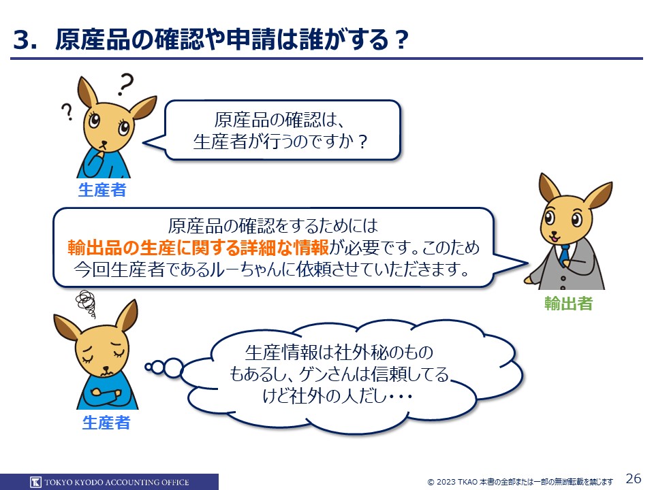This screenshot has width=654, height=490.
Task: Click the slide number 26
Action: tap(633, 478)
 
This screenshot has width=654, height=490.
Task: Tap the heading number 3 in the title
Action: tap(22, 40)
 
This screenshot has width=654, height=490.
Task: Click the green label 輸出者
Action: tap(568, 304)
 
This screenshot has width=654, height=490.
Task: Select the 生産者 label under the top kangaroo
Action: tap(102, 190)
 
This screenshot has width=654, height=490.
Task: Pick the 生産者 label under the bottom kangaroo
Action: tap(106, 423)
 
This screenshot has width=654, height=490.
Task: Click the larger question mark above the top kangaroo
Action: tap(125, 84)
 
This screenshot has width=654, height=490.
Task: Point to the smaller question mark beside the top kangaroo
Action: tap(67, 112)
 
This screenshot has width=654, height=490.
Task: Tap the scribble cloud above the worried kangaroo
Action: tap(86, 304)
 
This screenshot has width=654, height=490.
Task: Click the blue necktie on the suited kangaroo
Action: tap(564, 255)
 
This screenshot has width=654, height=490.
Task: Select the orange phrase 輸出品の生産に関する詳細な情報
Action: tap(198, 248)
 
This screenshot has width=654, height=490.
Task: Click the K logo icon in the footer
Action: tap(36, 482)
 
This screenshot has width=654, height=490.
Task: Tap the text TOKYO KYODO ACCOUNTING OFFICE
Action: tap(116, 483)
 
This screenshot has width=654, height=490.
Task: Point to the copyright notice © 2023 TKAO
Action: tap(452, 482)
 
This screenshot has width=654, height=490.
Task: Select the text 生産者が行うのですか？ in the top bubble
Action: tap(281, 142)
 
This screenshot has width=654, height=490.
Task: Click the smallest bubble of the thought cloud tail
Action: tap(149, 367)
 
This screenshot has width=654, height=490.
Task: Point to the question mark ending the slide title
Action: tap(401, 41)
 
